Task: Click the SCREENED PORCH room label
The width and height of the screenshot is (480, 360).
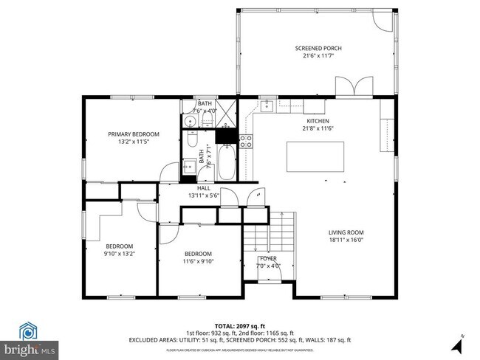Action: tap(318, 49)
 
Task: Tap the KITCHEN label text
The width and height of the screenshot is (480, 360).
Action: tap(318, 121)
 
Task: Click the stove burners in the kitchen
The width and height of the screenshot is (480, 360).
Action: tap(246, 141)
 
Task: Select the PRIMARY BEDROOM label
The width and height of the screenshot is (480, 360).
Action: tap(134, 134)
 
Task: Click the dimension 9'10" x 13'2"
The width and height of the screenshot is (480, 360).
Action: tap(119, 253)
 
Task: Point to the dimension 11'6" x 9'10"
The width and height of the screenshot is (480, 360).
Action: tap(198, 260)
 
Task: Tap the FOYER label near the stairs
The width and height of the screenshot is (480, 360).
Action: tap(268, 258)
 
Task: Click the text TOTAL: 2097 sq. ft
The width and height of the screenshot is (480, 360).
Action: tap(240, 325)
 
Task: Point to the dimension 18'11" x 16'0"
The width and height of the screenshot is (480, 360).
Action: tap(346, 239)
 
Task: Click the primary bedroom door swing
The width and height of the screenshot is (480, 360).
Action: tap(169, 172)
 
